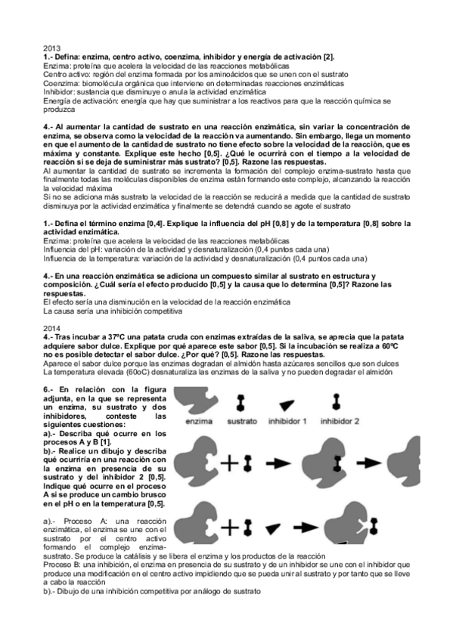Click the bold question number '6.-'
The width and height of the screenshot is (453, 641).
[x=49, y=387]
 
